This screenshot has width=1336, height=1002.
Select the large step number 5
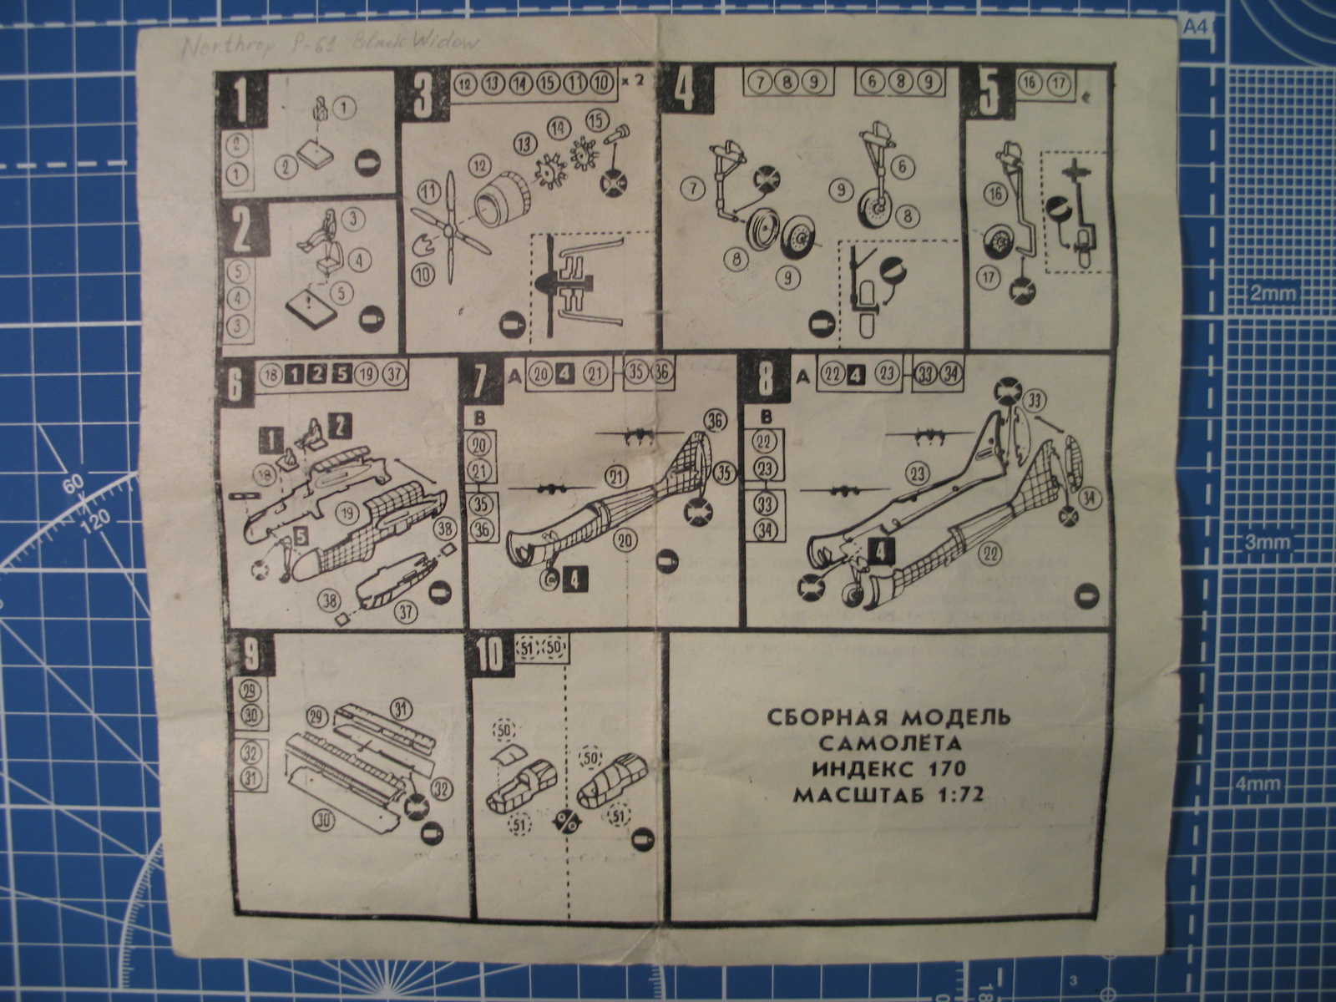point(989,94)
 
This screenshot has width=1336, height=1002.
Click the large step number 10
point(489,656)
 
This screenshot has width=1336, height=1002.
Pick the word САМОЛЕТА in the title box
point(890,742)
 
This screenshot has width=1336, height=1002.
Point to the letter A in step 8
point(802,377)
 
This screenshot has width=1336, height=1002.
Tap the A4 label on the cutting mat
point(1195,27)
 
